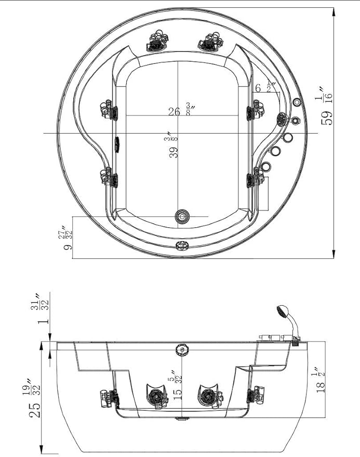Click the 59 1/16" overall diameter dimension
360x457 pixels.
click(x=326, y=106)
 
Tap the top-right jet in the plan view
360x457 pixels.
click(x=210, y=42)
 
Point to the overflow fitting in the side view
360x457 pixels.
click(x=182, y=349)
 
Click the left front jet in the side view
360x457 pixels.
click(x=157, y=396)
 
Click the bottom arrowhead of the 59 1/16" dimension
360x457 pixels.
click(x=334, y=253)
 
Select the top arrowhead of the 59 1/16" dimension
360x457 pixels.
click(x=334, y=13)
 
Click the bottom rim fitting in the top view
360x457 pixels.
click(x=182, y=246)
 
